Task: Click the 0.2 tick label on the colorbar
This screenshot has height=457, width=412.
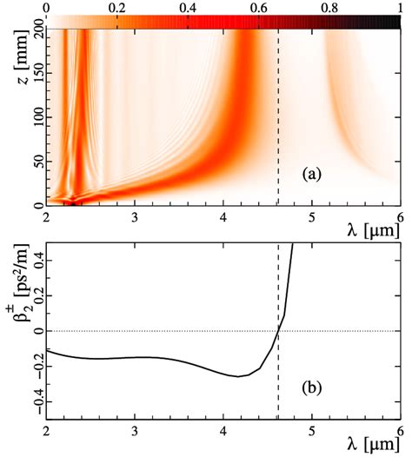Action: pyautogui.click(x=116, y=7)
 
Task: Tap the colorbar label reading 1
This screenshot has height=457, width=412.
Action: pyautogui.click(x=399, y=7)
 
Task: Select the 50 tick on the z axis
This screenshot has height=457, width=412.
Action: pyautogui.click(x=30, y=162)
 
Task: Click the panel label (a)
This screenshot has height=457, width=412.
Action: pyautogui.click(x=314, y=174)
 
